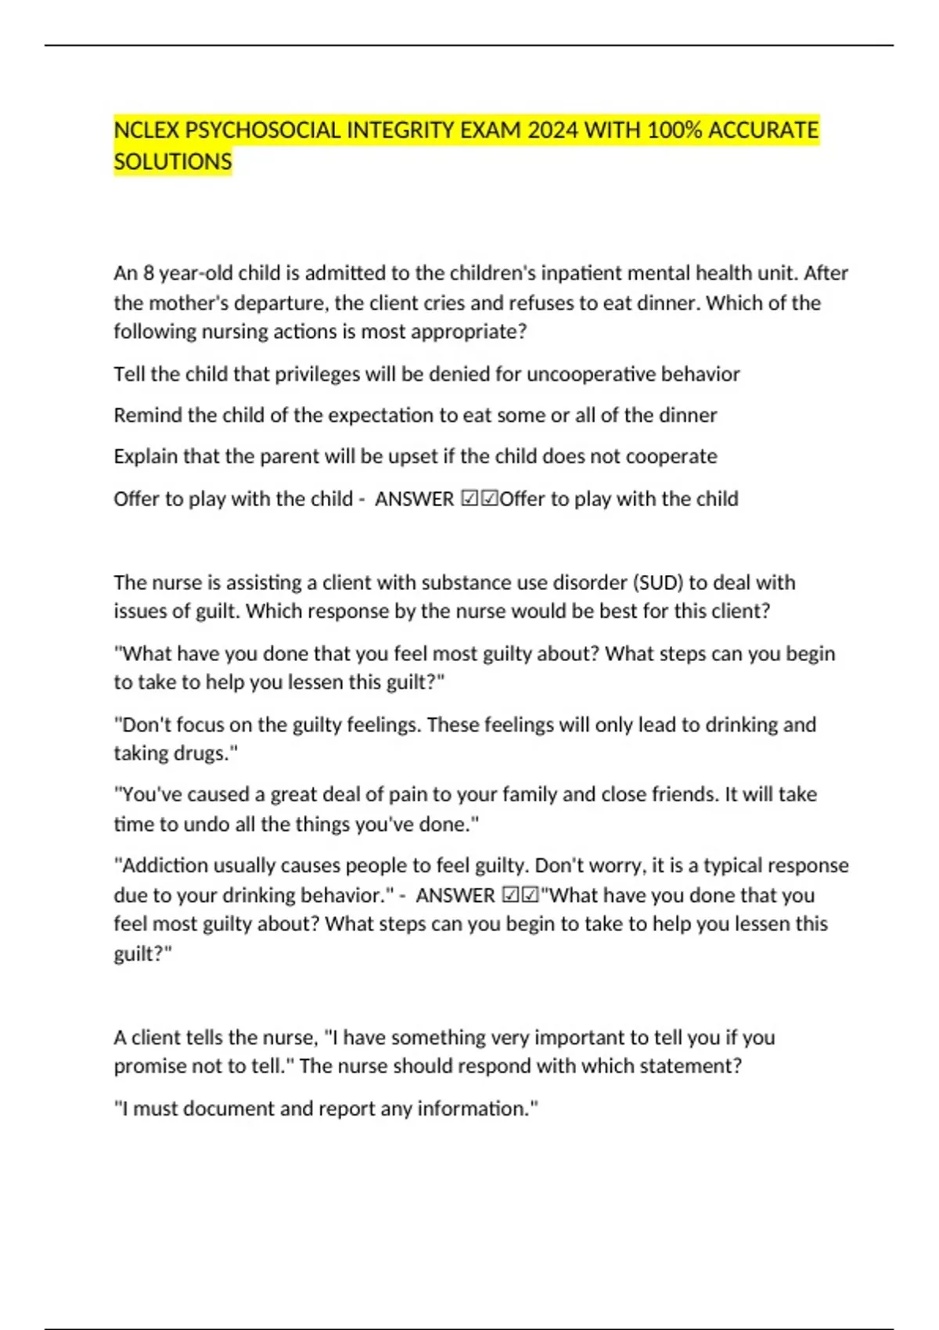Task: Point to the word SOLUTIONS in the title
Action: (173, 162)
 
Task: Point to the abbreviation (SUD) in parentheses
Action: (657, 583)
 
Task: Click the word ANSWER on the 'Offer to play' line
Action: (415, 499)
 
